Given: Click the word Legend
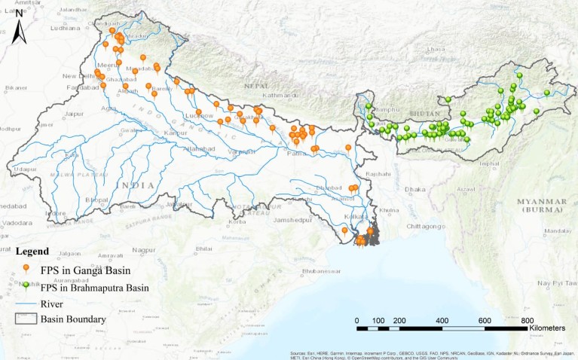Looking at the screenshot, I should click(x=32, y=251).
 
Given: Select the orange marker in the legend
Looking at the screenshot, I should click(x=26, y=268).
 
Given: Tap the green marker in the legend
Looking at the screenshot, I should click(x=27, y=285).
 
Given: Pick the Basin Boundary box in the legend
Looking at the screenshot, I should click(x=26, y=319).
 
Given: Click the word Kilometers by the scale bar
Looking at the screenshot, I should click(x=552, y=329).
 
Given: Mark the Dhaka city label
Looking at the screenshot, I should click(x=414, y=189).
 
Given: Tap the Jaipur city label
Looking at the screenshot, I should click(x=73, y=113).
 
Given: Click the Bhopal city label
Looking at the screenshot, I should click(x=98, y=199).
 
